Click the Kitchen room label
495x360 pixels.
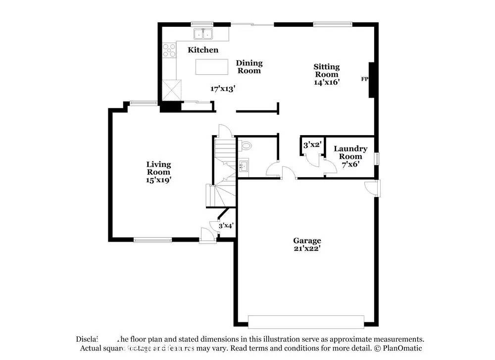coord(203,50)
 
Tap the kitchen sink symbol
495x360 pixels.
coord(202,34)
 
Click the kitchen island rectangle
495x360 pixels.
coord(212,67)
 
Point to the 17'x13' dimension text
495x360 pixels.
coord(222,89)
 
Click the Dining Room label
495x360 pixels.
coord(249,67)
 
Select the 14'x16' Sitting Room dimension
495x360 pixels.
coord(327,82)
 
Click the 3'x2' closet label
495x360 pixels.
coord(313,145)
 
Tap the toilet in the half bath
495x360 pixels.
coord(246,146)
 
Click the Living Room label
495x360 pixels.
coord(158,168)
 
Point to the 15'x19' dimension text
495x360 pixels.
coord(158,180)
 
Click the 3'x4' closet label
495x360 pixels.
coord(226,225)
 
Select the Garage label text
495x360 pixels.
coord(307,241)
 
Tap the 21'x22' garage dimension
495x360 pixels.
coord(307,249)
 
